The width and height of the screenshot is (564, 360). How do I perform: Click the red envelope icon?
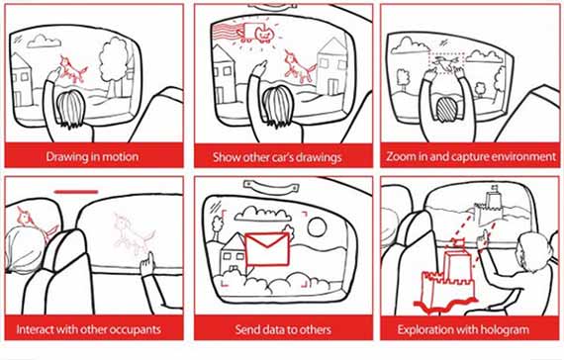[267, 249]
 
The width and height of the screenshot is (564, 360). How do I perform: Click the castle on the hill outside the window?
[490, 206]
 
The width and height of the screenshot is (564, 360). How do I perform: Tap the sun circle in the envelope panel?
[317, 226]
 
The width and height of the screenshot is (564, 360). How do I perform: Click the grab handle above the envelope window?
[271, 187]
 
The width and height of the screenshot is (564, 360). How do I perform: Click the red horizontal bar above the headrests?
[76, 192]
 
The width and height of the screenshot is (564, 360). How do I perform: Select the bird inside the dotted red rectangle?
[446, 62]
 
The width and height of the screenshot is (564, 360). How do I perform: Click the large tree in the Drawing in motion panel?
[113, 64]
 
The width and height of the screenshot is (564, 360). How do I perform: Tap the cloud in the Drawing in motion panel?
[44, 42]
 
